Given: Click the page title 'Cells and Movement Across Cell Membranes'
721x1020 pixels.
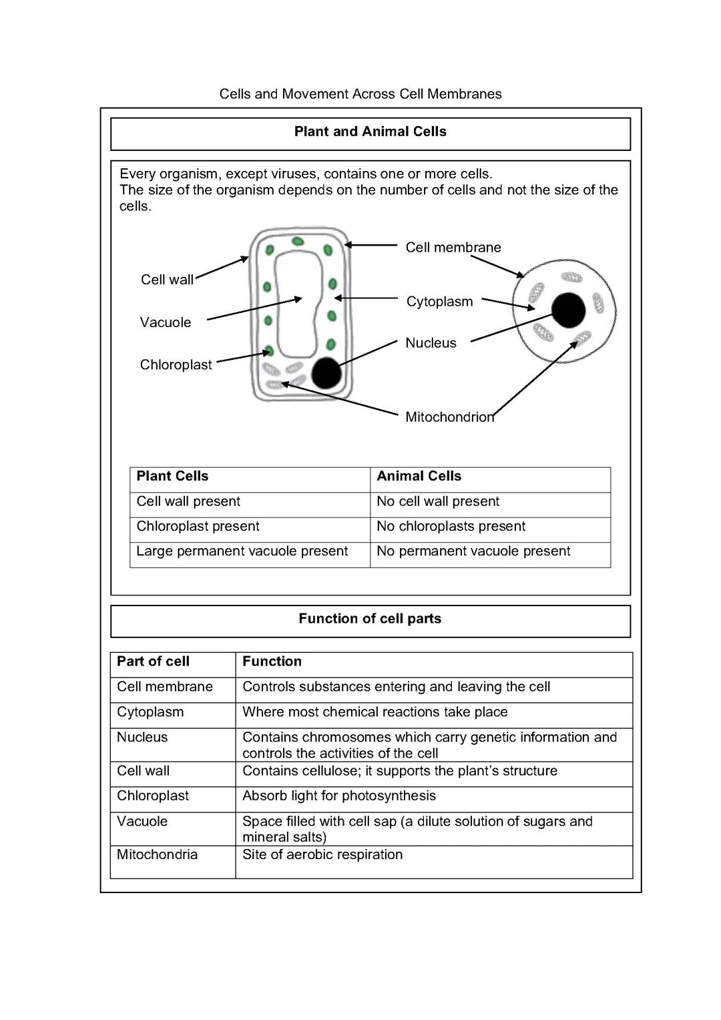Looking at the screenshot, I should (x=360, y=94).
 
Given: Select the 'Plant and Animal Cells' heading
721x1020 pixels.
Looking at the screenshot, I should (x=370, y=132).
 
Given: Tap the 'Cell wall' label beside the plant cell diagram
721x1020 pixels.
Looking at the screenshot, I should (x=167, y=280).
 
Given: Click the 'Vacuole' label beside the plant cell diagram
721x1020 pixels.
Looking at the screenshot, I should (x=166, y=322).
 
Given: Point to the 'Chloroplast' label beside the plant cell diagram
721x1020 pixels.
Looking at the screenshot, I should (x=176, y=365).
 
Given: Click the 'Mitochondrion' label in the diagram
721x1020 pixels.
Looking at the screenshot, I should (x=449, y=417).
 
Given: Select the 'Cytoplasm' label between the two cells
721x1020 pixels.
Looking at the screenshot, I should (x=439, y=302).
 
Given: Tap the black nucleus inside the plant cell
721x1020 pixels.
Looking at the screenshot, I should (x=326, y=373).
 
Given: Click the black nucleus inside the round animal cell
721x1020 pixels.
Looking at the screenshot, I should (x=568, y=310).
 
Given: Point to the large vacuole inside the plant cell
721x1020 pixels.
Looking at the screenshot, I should (x=296, y=304).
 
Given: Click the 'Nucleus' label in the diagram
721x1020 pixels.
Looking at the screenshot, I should (x=431, y=343).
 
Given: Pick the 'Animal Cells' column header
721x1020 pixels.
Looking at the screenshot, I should (x=419, y=476).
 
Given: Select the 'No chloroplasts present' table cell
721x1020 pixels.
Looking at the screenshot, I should (x=451, y=527).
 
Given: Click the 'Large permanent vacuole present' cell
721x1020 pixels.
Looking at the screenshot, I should (x=242, y=551).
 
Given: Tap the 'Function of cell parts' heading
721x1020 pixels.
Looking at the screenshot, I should (x=370, y=619).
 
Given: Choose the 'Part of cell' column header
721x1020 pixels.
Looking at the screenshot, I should (x=153, y=662).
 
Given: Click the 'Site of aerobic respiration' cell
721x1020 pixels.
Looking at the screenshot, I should (x=322, y=855).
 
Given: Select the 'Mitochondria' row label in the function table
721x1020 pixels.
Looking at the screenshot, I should (x=157, y=855).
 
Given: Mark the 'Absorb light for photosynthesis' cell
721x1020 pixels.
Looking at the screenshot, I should (x=338, y=796).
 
